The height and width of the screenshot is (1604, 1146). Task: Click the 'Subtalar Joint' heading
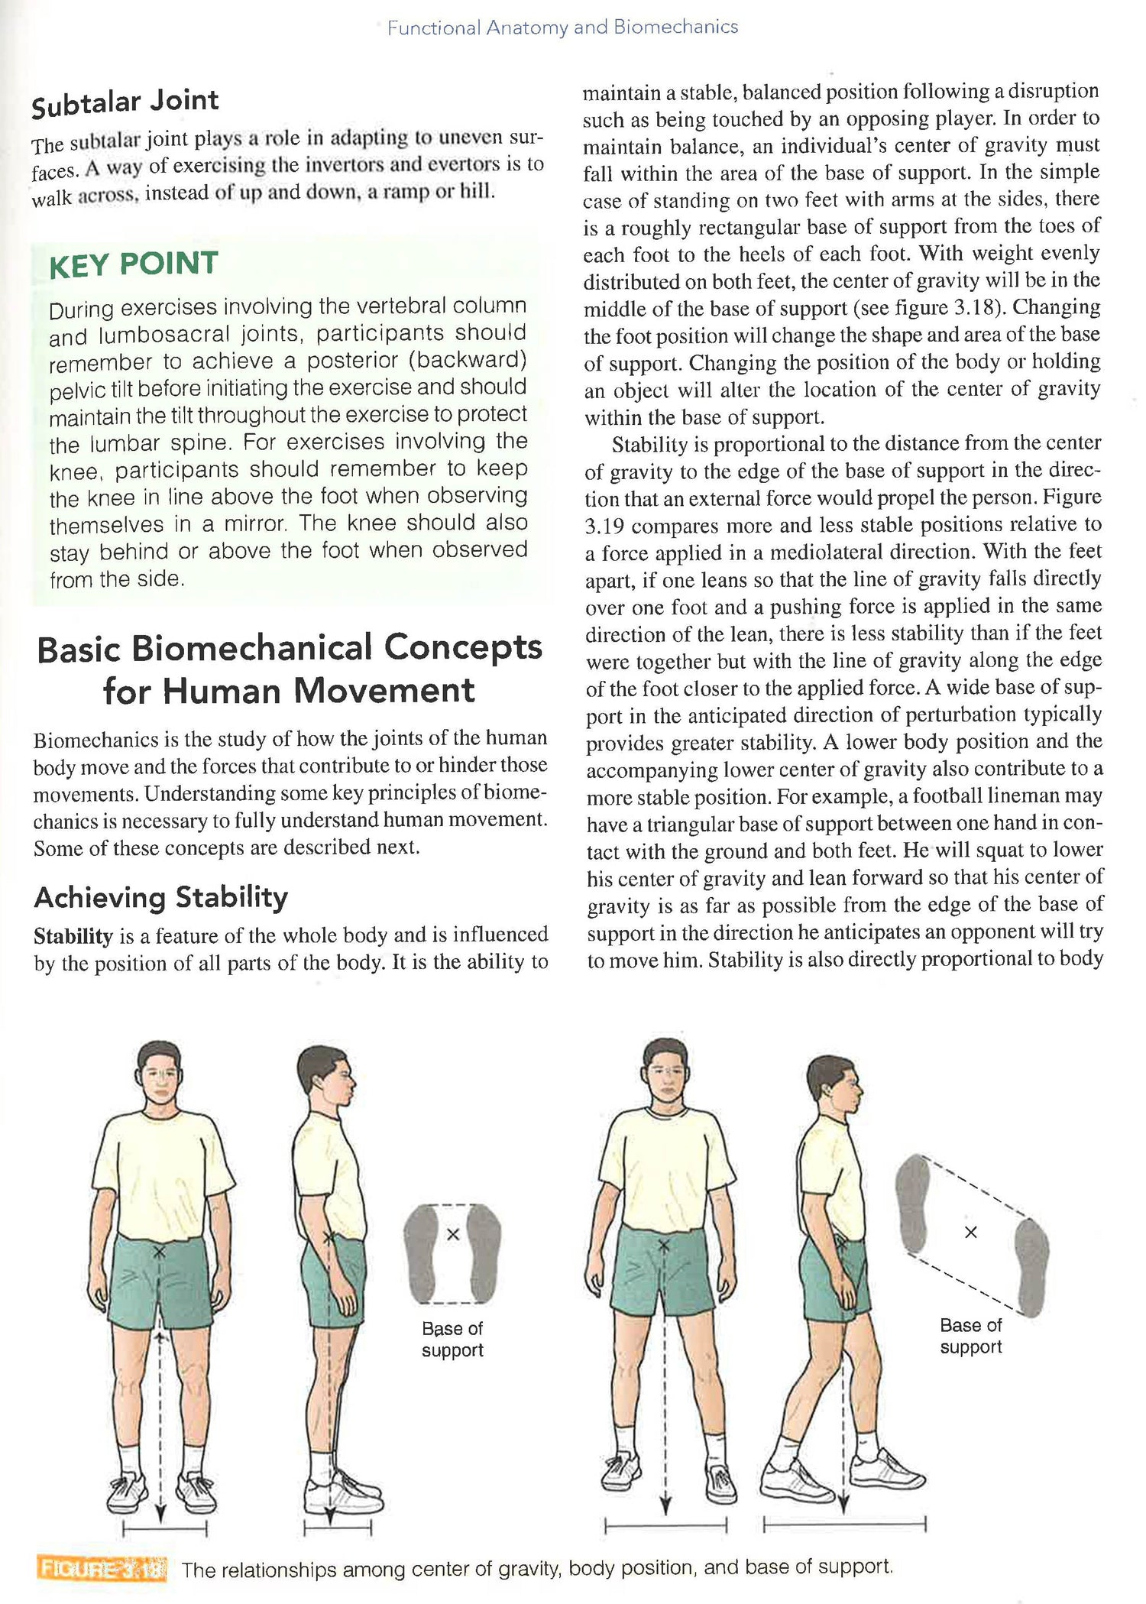click(125, 102)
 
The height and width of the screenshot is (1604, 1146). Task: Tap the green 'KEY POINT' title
click(134, 264)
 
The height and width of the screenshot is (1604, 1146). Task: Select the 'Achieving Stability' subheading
click(161, 897)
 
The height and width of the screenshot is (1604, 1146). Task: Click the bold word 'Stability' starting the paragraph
click(73, 936)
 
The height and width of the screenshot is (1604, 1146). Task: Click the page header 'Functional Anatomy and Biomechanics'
click(562, 28)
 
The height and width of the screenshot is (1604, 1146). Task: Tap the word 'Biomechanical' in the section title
click(252, 649)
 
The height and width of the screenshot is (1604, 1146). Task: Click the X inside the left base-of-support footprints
click(452, 1234)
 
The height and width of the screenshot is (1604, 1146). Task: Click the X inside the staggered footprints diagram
click(970, 1233)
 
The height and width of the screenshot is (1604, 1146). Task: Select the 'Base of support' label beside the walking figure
click(970, 1336)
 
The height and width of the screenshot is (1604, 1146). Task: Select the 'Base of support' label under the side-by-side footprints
click(452, 1339)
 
